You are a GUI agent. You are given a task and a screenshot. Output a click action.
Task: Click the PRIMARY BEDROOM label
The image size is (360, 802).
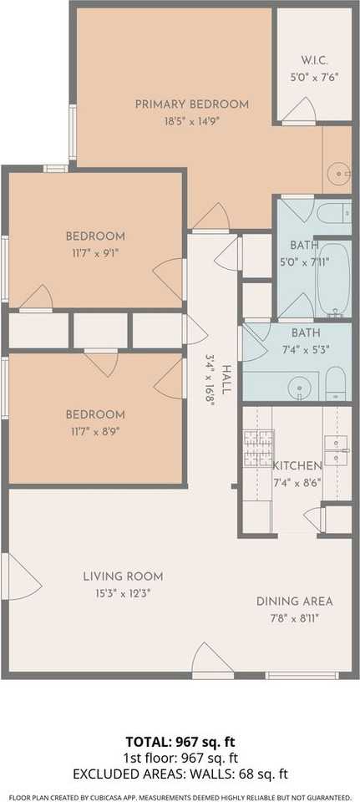192,104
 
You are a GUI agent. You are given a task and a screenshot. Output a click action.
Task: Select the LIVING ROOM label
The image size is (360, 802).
123,576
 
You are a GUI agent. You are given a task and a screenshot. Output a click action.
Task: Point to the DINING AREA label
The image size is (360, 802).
294,601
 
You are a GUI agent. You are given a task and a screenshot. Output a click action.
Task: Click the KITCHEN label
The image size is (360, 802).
297,465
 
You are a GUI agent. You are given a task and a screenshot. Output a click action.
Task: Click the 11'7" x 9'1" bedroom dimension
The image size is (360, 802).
96,251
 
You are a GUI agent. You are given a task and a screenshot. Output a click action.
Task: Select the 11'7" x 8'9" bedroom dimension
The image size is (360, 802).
96,431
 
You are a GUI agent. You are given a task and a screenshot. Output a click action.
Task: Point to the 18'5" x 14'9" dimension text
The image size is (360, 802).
192,120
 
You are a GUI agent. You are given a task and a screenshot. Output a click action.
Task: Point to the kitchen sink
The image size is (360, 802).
337,449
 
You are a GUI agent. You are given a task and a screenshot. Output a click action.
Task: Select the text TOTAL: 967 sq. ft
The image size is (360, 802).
180,741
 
